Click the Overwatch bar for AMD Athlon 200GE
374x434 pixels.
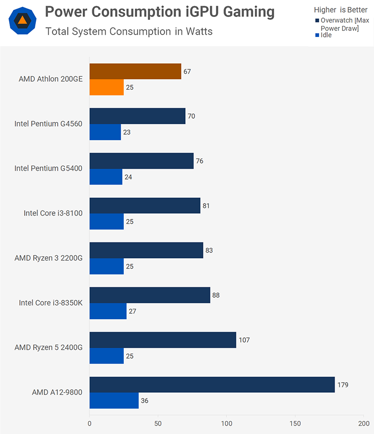tap(135, 71)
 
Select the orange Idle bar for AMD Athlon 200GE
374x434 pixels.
tap(107, 87)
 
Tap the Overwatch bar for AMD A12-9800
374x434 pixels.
tap(212, 385)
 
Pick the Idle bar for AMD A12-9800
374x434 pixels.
tap(114, 401)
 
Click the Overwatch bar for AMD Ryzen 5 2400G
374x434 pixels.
tap(163, 340)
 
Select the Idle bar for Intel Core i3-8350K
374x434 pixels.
tap(108, 311)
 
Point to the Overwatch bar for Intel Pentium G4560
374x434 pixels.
tap(137, 116)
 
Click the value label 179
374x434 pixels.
tap(344, 385)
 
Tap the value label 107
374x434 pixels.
tap(244, 340)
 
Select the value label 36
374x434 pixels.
tap(144, 401)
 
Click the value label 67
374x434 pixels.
tap(187, 71)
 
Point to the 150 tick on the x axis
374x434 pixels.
tap(295, 424)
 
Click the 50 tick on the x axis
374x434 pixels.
tap(158, 424)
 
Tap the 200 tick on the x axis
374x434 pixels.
tap(364, 424)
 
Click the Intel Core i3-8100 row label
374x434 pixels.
tap(53, 213)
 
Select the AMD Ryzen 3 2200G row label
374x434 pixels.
tap(48, 258)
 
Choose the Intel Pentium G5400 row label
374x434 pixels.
tap(48, 168)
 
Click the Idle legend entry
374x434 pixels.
tap(326, 35)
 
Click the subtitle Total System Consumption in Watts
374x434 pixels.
tap(129, 31)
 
